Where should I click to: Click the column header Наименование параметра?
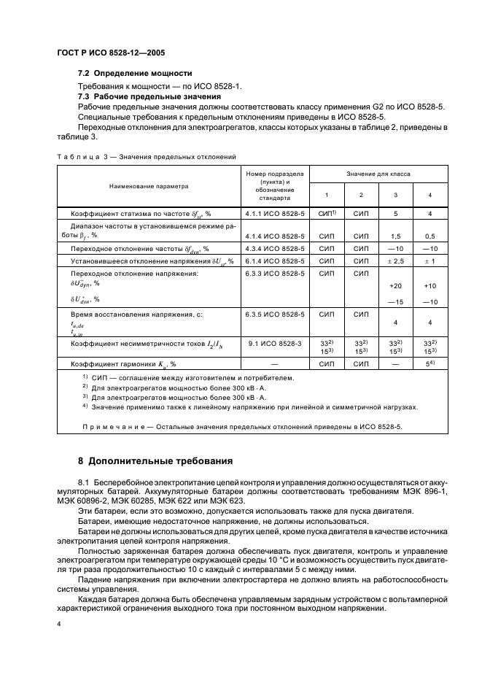[149, 186]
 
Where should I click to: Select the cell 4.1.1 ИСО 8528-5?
[276, 213]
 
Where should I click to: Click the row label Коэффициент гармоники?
[124, 363]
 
